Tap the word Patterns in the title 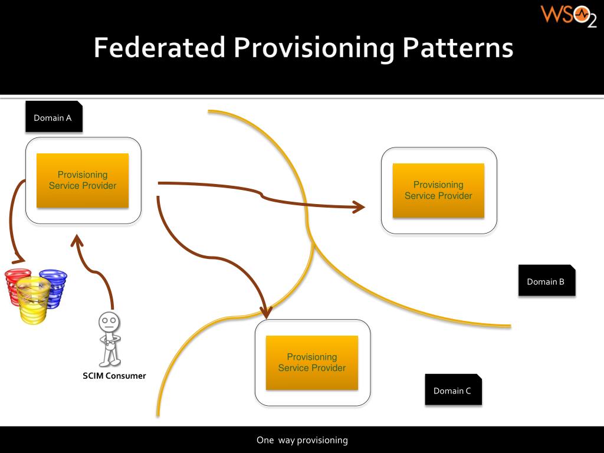tap(458, 48)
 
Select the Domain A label tap(53, 117)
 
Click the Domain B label tap(546, 281)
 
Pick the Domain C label tap(452, 390)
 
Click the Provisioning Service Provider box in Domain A tap(83, 180)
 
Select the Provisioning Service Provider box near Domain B tap(438, 191)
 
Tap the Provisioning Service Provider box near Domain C tap(312, 363)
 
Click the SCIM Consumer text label tap(114, 376)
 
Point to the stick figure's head tap(109, 322)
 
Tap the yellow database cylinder tap(33, 301)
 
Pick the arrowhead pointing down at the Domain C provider tap(266, 311)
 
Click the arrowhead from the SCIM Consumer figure tap(77, 241)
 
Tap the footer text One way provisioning tap(302, 440)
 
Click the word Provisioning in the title tap(314, 48)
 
